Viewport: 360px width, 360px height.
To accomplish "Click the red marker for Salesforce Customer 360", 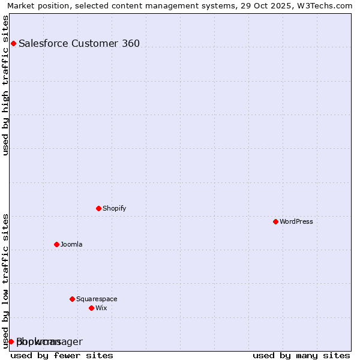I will pos(13,43).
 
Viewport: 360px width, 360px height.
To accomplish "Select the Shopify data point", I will pos(98,208).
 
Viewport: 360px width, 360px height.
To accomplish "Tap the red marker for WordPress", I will pos(275,221).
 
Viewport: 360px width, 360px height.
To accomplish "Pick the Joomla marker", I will pos(56,244).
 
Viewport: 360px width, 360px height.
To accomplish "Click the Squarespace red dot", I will pos(72,299).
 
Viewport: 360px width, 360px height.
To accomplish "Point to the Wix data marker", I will pos(91,308).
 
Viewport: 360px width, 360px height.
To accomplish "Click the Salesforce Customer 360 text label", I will pos(79,43).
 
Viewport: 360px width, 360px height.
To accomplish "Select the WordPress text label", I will pos(296,221).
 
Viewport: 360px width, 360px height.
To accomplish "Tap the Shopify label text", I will pos(114,208).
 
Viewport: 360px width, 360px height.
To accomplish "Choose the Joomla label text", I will pos(71,244).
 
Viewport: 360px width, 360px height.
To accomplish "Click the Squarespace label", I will pos(97,299).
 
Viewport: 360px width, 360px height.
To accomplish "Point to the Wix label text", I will pos(101,308).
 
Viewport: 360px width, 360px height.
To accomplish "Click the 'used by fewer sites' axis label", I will pos(62,355).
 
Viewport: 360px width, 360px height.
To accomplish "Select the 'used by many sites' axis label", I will pos(301,355).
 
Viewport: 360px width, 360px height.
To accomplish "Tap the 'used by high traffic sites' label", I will pos(6,85).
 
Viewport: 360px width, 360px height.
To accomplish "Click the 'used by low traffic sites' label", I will pos(6,281).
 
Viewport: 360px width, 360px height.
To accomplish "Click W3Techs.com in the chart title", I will pos(327,6).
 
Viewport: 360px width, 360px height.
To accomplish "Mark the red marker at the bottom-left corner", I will pos(11,341).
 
